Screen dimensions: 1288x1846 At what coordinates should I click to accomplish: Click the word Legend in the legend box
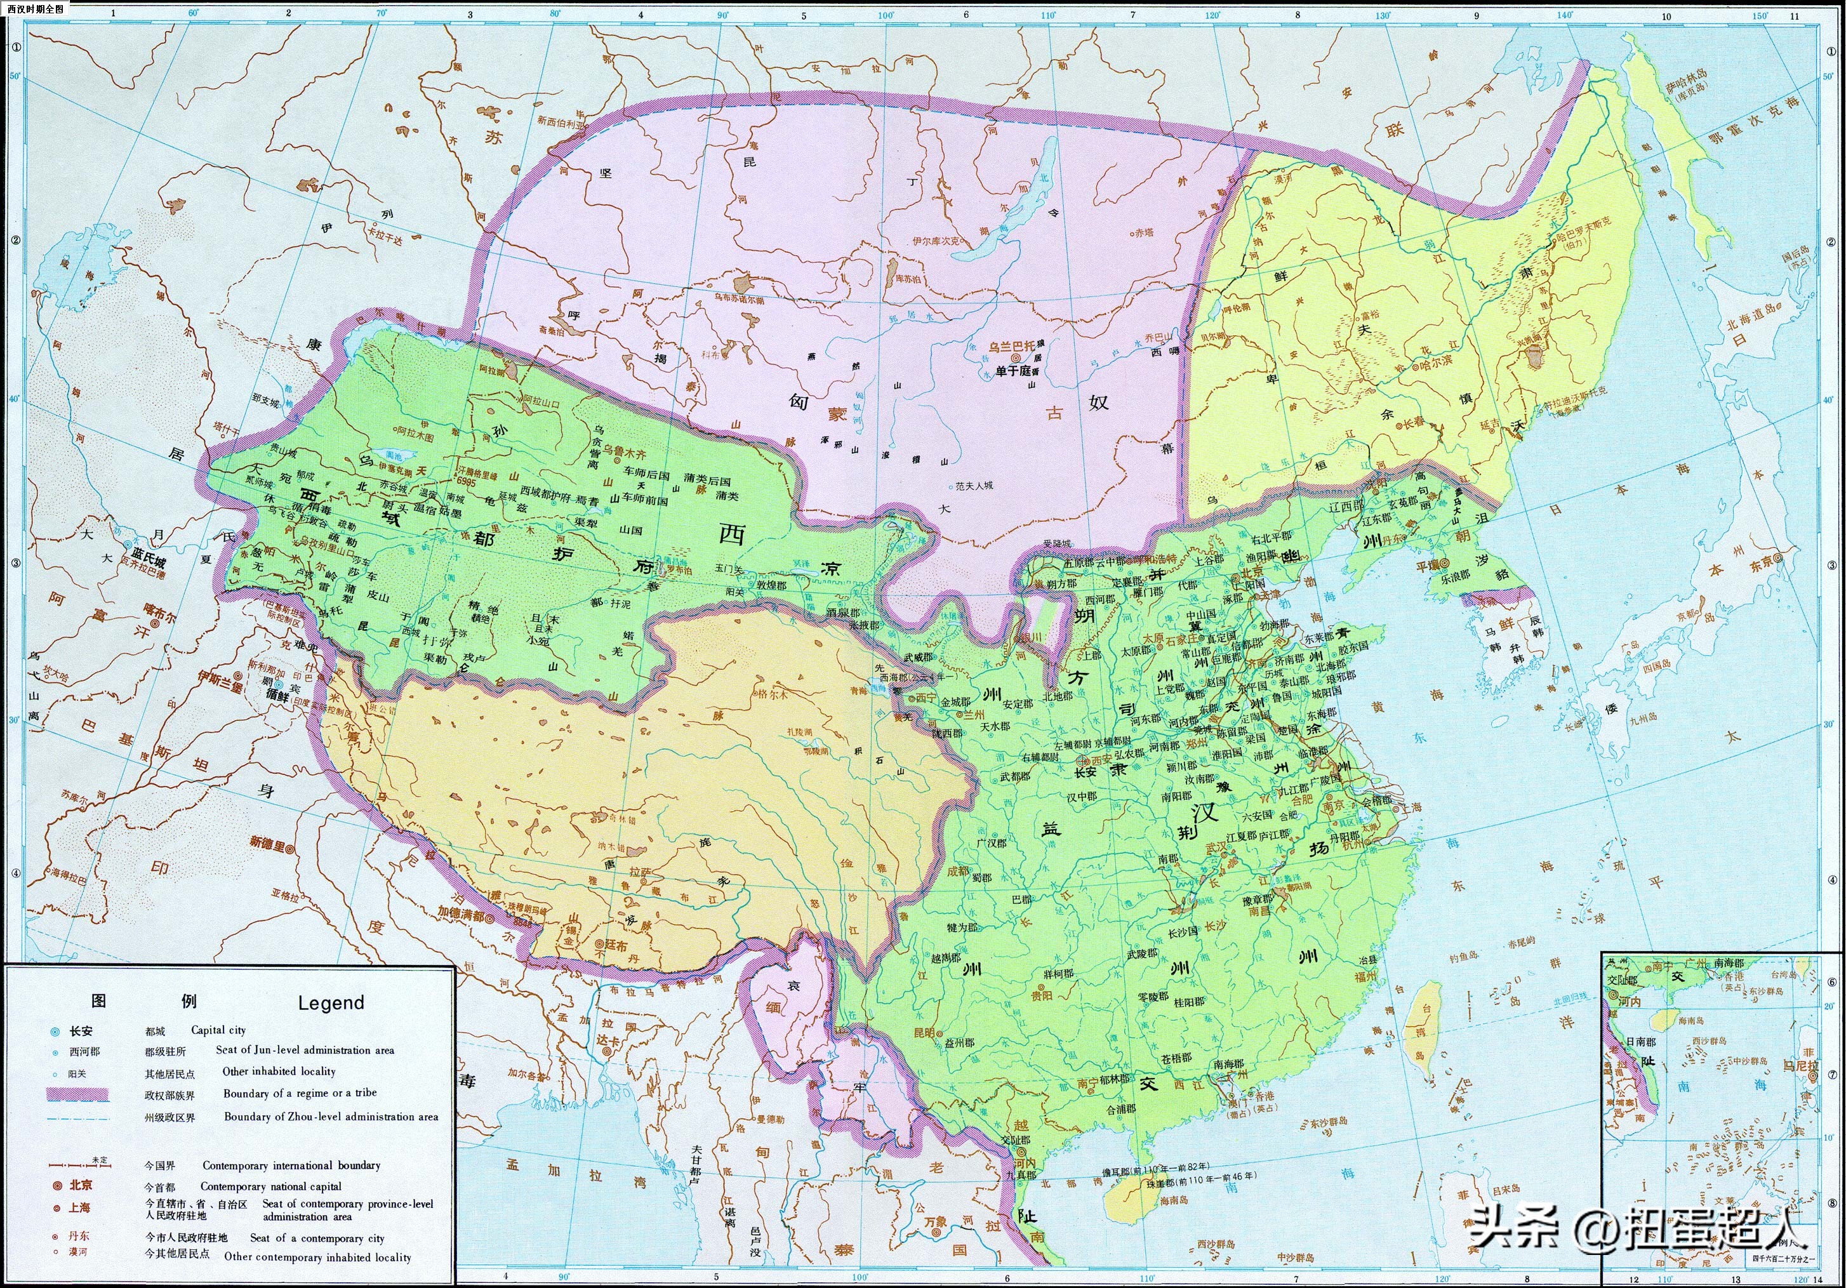331,1002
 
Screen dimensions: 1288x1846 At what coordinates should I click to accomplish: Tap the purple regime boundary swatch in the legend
77,1094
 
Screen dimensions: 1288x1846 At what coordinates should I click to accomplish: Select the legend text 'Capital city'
218,1030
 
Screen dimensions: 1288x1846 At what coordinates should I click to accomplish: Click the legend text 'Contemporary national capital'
270,1186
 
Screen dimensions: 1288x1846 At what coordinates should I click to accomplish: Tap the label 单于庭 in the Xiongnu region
1013,371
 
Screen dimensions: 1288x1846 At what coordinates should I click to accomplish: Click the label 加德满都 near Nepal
461,914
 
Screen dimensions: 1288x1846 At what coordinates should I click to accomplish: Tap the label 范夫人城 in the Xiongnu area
974,486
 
